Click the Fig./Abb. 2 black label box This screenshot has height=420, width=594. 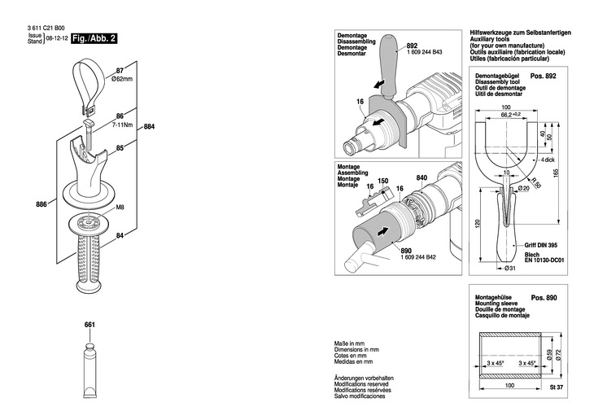94,38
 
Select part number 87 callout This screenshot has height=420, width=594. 120,71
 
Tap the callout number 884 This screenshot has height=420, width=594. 149,127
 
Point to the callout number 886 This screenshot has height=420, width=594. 41,204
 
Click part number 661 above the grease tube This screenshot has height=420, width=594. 90,325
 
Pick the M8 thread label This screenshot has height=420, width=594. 120,208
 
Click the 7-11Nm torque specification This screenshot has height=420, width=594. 122,125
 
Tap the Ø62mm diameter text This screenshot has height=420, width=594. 122,79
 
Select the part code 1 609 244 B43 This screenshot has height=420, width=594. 424,52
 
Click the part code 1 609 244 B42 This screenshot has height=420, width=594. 418,257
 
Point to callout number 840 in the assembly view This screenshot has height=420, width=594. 421,177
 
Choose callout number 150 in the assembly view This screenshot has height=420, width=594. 383,181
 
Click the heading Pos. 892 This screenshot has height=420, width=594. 544,77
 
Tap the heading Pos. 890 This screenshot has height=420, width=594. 544,298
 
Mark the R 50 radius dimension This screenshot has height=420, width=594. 535,182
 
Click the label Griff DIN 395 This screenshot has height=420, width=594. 540,245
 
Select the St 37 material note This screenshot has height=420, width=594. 557,387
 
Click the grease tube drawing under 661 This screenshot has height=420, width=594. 90,370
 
